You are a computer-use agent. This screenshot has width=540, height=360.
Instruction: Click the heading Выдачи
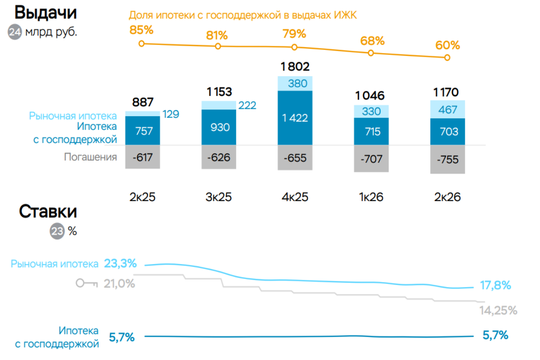tap(45, 13)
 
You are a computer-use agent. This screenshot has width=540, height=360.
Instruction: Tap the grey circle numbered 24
tap(15, 32)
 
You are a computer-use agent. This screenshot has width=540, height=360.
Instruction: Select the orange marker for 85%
tap(141, 44)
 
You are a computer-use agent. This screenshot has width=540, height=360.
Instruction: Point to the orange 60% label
tap(447, 45)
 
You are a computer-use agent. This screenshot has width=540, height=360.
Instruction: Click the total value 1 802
tap(295, 67)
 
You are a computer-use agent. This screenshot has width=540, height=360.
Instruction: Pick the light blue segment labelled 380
tap(295, 83)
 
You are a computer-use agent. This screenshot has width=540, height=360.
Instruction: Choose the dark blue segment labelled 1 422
tap(295, 118)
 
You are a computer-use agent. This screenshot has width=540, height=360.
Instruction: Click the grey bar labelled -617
tap(143, 157)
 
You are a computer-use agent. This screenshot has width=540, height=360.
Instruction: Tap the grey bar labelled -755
tap(447, 159)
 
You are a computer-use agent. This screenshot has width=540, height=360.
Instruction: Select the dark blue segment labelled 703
tap(447, 132)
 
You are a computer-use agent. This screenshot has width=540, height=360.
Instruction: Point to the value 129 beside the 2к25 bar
tap(171, 114)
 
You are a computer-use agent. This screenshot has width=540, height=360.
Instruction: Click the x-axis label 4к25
tap(295, 197)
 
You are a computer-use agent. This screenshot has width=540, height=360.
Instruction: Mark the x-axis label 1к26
tap(371, 197)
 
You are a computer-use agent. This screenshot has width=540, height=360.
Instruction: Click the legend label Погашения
tap(90, 157)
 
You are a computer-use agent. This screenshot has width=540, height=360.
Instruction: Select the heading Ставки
tap(48, 211)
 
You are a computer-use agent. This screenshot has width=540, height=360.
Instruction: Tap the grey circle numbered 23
tap(57, 231)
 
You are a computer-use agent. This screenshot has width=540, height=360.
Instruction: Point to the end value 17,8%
tap(495, 285)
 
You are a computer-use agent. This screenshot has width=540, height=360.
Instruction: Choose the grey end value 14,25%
tap(498, 310)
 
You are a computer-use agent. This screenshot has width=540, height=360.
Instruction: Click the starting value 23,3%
tap(120, 263)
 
